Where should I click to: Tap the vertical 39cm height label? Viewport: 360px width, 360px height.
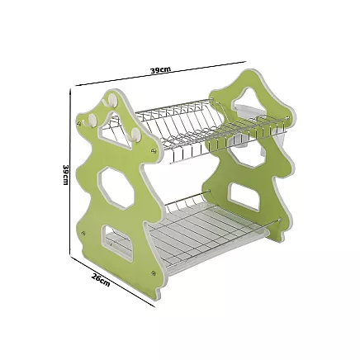click(65, 174)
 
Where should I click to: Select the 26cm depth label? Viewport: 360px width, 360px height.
click(101, 280)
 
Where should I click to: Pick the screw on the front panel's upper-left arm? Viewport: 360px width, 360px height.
click(80, 121)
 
